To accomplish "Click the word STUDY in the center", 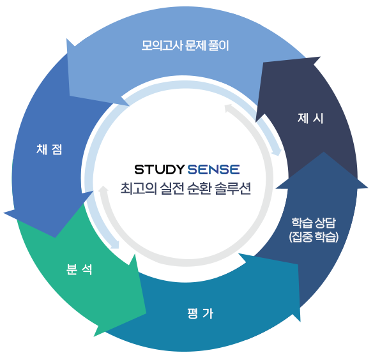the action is [x=159, y=170].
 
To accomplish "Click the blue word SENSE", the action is [x=213, y=170].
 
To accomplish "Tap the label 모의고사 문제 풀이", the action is [x=185, y=45].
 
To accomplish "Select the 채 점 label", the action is [x=49, y=149].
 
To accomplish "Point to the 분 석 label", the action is [x=79, y=269].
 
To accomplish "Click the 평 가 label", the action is [x=200, y=313].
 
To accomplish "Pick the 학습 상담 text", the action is [x=314, y=223].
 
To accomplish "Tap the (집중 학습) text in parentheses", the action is [x=314, y=237].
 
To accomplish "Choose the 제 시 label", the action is [x=310, y=118].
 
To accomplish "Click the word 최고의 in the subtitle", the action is [x=138, y=188].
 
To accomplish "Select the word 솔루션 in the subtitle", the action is [x=232, y=188].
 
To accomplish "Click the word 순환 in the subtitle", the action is [x=199, y=188].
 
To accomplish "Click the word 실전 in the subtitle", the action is [x=172, y=188].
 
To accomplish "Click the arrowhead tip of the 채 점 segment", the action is [x=4, y=213].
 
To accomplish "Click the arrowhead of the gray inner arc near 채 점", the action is [x=103, y=187].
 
